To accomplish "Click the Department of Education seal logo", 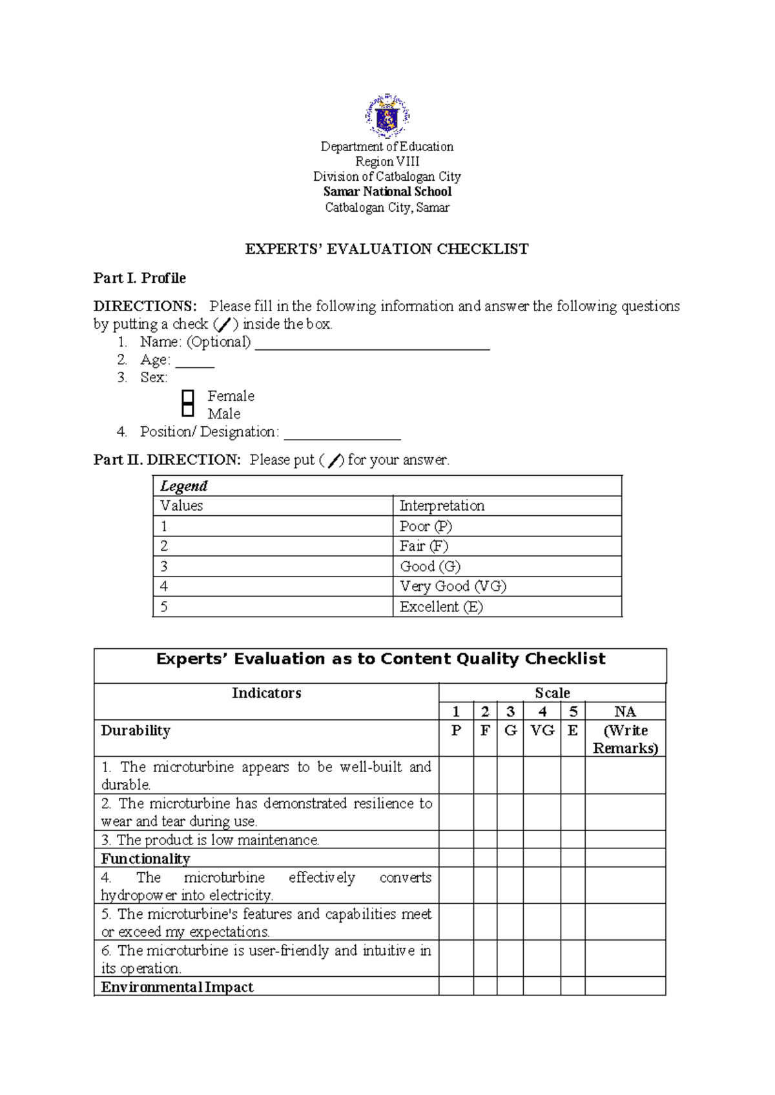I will [x=387, y=116].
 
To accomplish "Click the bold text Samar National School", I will [x=387, y=192].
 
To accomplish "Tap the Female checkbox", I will [x=188, y=396].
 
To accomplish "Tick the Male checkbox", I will [x=188, y=410].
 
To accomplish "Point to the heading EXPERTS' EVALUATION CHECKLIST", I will [x=387, y=249].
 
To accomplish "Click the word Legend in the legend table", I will [x=184, y=486].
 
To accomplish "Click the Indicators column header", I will [x=266, y=693].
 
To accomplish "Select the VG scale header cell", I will [x=542, y=731].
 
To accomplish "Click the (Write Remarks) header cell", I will [x=625, y=739].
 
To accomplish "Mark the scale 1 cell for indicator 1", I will [x=456, y=775].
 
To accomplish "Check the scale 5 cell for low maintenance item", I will [x=573, y=840].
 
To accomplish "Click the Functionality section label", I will [x=146, y=859].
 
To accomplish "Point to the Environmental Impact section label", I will [x=177, y=987].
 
